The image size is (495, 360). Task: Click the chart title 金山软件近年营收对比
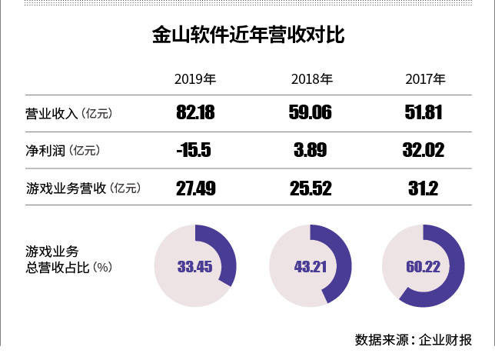[247, 35]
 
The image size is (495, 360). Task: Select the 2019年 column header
[194, 78]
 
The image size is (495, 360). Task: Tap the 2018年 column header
[311, 78]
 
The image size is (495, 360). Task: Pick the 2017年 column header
[424, 78]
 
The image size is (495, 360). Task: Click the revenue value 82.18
[195, 114]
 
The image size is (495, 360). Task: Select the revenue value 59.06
[311, 114]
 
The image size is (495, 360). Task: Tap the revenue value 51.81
[424, 114]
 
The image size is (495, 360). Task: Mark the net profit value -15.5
[194, 150]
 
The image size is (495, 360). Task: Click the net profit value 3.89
[311, 150]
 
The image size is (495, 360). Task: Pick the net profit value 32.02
[424, 150]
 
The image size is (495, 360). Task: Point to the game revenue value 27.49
[195, 187]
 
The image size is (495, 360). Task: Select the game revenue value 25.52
[311, 187]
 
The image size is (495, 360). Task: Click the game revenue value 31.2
[424, 187]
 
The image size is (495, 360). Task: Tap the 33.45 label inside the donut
[194, 267]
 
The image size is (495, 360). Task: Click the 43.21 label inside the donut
[311, 267]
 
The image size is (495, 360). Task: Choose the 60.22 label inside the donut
[424, 267]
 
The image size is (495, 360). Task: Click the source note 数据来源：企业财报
[414, 339]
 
